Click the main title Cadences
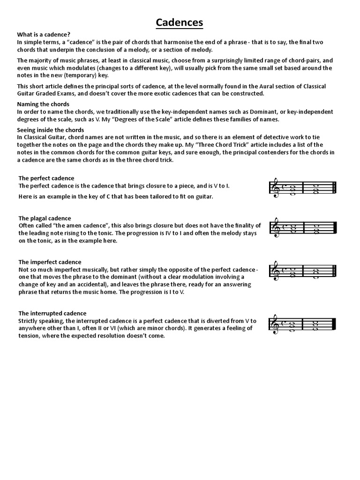(180, 22)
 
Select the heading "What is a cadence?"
(44, 35)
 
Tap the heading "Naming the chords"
(43, 104)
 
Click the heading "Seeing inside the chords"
(51, 130)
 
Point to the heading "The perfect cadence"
(46, 178)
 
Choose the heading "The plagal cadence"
(45, 218)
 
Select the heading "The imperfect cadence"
(50, 262)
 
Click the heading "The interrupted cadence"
(52, 313)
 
